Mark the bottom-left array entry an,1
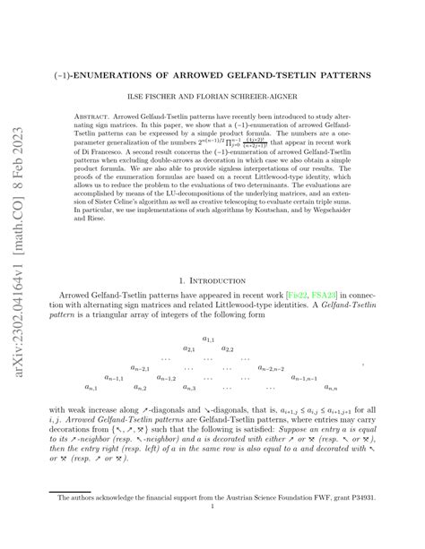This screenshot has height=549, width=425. (91, 388)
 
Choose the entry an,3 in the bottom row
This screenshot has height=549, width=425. (189, 388)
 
